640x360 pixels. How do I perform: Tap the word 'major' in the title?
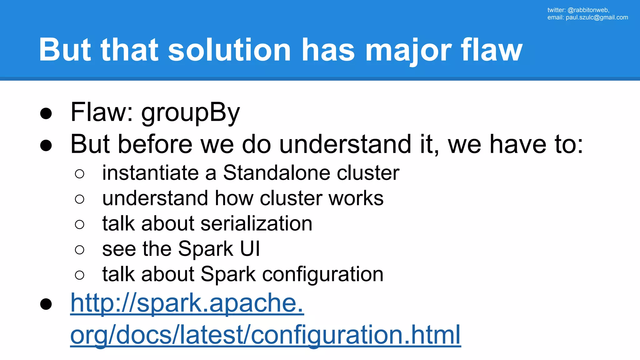coord(408,50)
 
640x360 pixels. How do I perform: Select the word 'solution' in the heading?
coord(229,50)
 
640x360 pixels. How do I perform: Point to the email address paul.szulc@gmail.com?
coord(597,17)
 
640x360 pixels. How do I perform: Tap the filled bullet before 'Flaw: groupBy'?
coord(46,113)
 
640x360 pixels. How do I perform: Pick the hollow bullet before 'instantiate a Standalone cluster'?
coord(80,174)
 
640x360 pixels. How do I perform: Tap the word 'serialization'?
coord(256,223)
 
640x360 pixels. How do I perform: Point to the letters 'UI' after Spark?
coord(250,249)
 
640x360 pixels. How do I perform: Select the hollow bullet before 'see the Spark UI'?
coord(80,250)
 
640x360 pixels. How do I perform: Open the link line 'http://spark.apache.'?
coord(187,303)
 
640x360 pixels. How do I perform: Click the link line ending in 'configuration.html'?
coord(265,334)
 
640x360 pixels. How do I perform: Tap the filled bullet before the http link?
coord(46,304)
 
